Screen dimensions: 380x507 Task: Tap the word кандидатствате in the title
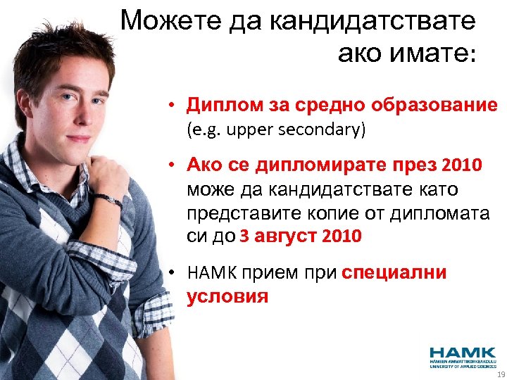(x=371, y=21)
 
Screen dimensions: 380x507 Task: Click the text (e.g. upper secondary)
(x=277, y=130)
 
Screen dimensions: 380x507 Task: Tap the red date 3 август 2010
(x=301, y=236)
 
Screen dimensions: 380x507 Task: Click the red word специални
(x=394, y=273)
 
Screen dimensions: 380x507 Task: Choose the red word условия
(x=227, y=296)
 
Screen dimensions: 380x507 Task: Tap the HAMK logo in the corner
(x=461, y=356)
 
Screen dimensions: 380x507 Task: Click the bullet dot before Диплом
(x=171, y=107)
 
